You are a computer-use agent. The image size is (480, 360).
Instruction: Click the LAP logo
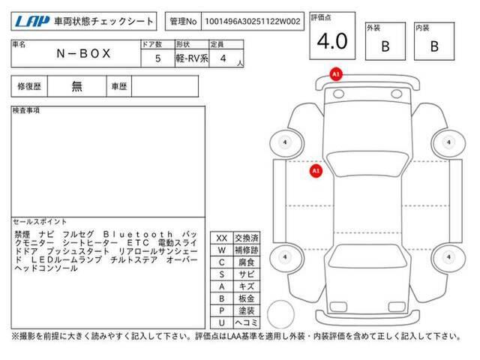point(32,22)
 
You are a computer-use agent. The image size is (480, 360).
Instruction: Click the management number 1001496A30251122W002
point(253,22)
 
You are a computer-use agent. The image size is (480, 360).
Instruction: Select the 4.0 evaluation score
point(332,41)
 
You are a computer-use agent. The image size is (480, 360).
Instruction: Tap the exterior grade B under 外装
point(385,46)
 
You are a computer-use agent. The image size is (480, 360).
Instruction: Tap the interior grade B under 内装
point(434,46)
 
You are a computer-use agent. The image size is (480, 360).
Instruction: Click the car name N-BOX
point(83,53)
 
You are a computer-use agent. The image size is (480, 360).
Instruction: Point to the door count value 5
point(157,58)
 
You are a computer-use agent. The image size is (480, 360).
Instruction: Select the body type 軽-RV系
point(192,58)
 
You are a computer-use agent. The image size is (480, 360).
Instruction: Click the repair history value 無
point(76,86)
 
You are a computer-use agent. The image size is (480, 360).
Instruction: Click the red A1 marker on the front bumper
point(336,74)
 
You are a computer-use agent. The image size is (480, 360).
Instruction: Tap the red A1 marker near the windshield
point(316,171)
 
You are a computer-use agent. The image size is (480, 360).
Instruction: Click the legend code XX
point(222,238)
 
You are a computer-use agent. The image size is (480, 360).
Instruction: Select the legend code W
point(222,250)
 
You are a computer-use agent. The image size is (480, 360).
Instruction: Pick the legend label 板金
point(247,298)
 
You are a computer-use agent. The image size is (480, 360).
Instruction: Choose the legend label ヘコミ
point(247,322)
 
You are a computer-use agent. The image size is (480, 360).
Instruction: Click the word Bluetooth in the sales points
point(138,235)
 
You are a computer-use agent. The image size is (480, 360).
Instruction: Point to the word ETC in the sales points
point(138,243)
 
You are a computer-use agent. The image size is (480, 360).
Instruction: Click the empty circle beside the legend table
point(280,314)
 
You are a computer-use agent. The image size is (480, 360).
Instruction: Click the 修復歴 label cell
point(29,86)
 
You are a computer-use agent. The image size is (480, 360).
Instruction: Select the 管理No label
point(183,22)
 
